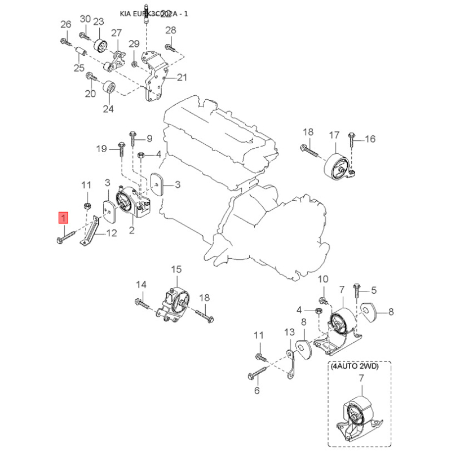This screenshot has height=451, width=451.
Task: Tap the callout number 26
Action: coord(66,24)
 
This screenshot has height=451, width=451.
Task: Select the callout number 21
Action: coord(182,78)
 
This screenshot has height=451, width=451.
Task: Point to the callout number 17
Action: coord(334,135)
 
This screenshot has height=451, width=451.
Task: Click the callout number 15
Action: coord(176,269)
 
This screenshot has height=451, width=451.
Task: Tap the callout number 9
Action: coord(149,138)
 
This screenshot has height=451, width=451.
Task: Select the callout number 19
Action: coord(101,149)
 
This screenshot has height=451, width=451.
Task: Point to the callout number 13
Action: coord(289,332)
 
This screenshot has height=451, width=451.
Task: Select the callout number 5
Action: coord(373,291)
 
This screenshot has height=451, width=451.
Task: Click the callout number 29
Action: coord(134,44)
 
